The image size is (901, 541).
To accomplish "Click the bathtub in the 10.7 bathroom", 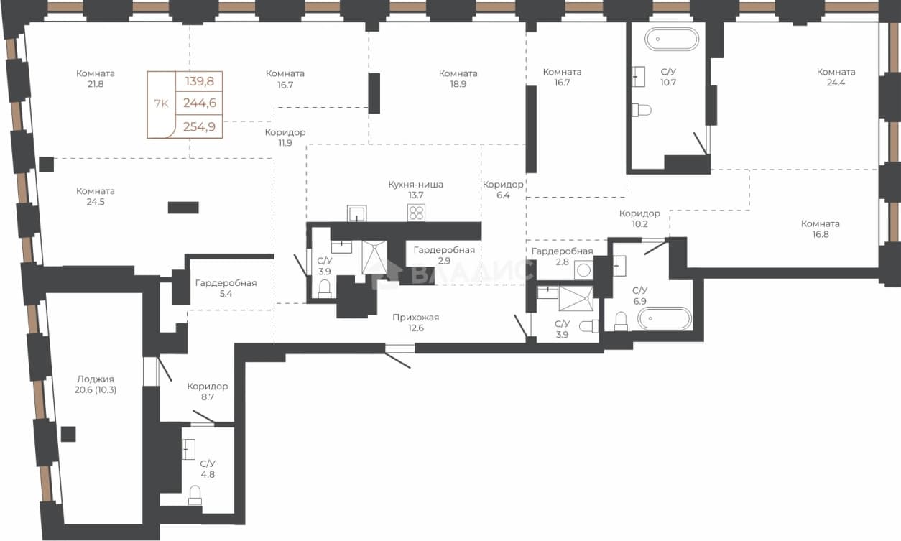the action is (x=671, y=39).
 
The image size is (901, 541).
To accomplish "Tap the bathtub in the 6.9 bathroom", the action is (x=665, y=318).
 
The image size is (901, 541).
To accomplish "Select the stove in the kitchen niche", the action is (x=416, y=213).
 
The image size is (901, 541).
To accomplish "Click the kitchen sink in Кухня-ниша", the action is (x=357, y=213).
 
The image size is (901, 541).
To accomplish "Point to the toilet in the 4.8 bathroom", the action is (x=195, y=495).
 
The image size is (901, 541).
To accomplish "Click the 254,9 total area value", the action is (x=200, y=126).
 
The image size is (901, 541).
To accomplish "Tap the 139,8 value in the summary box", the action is (x=200, y=81).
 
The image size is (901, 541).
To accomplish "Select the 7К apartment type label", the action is (x=161, y=103).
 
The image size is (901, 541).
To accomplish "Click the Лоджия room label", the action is (x=96, y=379).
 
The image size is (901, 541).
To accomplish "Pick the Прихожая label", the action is (x=416, y=318).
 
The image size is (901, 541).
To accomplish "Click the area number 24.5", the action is (x=96, y=201).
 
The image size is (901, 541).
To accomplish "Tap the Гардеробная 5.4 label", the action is (x=226, y=288).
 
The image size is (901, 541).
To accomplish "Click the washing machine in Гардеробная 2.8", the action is (x=583, y=269).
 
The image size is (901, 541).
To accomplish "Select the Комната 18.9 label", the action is (x=458, y=79).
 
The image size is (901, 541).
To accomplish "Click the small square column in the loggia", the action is (x=68, y=434).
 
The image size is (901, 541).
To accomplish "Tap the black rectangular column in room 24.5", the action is (x=183, y=208).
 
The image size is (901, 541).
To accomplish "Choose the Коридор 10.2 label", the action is (x=639, y=218).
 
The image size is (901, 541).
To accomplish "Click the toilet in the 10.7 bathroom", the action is (x=642, y=110).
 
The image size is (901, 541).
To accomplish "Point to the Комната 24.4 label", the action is (x=836, y=77).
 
